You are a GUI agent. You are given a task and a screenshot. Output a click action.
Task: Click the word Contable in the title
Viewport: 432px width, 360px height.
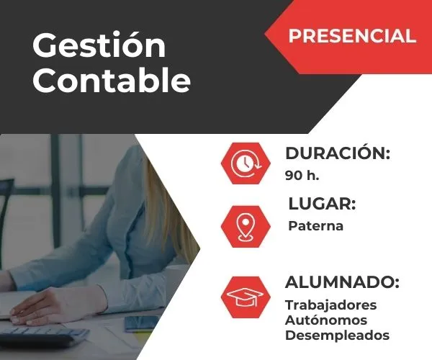[112, 81]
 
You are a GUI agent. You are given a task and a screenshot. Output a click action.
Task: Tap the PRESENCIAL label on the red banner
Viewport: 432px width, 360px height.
[352, 36]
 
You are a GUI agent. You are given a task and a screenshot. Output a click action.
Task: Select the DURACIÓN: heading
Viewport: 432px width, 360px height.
[338, 153]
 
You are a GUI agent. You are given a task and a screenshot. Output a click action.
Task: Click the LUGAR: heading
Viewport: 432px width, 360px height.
[322, 204]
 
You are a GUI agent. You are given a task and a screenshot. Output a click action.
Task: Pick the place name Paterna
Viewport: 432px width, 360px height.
[315, 226]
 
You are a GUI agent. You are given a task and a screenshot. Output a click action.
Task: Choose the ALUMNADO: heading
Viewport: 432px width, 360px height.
[342, 282]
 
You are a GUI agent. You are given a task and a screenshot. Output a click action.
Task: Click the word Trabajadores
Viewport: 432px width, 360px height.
[330, 305]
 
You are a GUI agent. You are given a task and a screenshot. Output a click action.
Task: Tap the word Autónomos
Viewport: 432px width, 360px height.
[325, 320]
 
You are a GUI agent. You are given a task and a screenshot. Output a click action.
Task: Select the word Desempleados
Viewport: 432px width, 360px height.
[337, 335]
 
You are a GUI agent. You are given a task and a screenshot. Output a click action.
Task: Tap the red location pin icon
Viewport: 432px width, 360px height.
[246, 226]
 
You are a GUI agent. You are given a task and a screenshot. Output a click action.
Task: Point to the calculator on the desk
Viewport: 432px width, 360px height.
[43, 336]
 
